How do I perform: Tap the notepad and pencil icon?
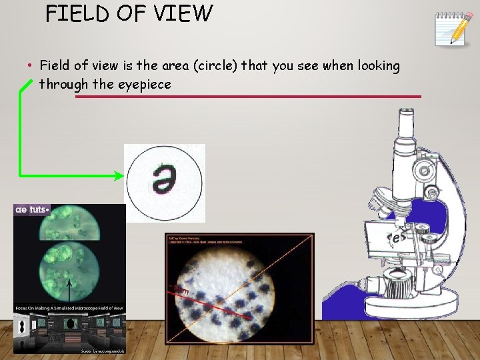coord(454,29)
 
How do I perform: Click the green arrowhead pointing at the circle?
coord(119,176)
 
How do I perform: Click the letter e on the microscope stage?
coord(398,237)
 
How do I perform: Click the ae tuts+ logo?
coord(31,209)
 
